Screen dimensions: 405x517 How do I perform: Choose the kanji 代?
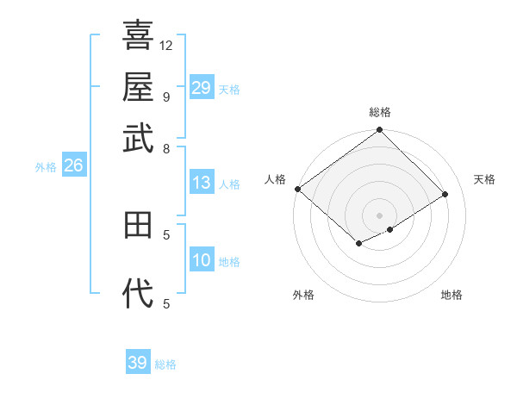tap(138, 294)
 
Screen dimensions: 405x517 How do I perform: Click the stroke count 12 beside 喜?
tap(166, 45)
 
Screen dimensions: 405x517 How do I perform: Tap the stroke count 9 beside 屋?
tap(166, 97)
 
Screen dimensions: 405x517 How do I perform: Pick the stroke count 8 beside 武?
tap(166, 148)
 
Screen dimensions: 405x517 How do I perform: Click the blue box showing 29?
tap(202, 88)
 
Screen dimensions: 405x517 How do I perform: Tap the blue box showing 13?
tap(202, 183)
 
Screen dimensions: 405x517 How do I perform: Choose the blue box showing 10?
tap(202, 260)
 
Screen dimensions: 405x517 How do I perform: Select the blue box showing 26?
tap(73, 166)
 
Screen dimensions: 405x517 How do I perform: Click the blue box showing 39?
tap(138, 364)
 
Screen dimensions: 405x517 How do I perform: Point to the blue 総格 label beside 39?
tap(166, 364)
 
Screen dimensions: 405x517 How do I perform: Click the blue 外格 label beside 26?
tap(46, 167)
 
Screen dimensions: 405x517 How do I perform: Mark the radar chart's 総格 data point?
tap(379, 130)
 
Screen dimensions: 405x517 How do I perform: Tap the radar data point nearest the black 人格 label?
tap(297, 189)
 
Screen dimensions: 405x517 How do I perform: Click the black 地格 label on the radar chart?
tap(452, 295)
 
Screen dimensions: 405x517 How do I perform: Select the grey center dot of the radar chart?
tap(379, 215)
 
